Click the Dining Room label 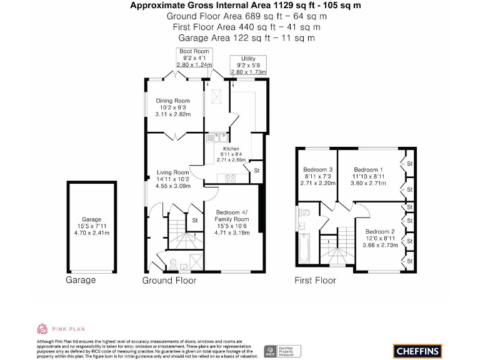[x=172, y=107]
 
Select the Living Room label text [x=172, y=179]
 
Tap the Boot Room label [x=194, y=58]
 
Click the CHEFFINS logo [x=417, y=350]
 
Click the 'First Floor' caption [x=315, y=281]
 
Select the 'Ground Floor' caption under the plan [x=169, y=281]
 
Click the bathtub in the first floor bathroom [x=302, y=249]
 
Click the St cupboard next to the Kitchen [x=256, y=170]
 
